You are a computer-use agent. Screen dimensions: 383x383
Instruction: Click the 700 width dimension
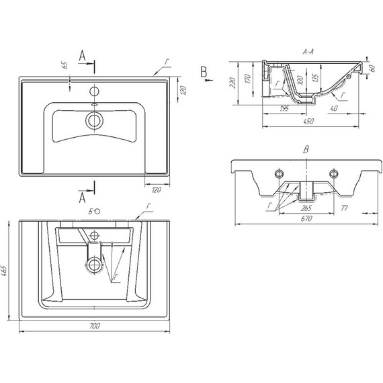click(95, 326)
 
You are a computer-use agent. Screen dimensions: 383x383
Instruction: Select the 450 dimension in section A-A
click(308, 121)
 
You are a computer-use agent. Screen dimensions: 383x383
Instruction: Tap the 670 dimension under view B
click(306, 218)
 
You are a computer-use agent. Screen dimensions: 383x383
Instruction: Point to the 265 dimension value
click(306, 208)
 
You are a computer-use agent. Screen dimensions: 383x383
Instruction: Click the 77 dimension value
click(344, 208)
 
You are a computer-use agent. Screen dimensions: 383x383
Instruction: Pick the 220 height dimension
click(232, 83)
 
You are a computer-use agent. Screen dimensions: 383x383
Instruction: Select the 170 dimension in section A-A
click(247, 79)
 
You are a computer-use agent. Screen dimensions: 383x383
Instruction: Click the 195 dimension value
click(284, 108)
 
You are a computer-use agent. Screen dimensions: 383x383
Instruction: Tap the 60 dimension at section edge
click(372, 69)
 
